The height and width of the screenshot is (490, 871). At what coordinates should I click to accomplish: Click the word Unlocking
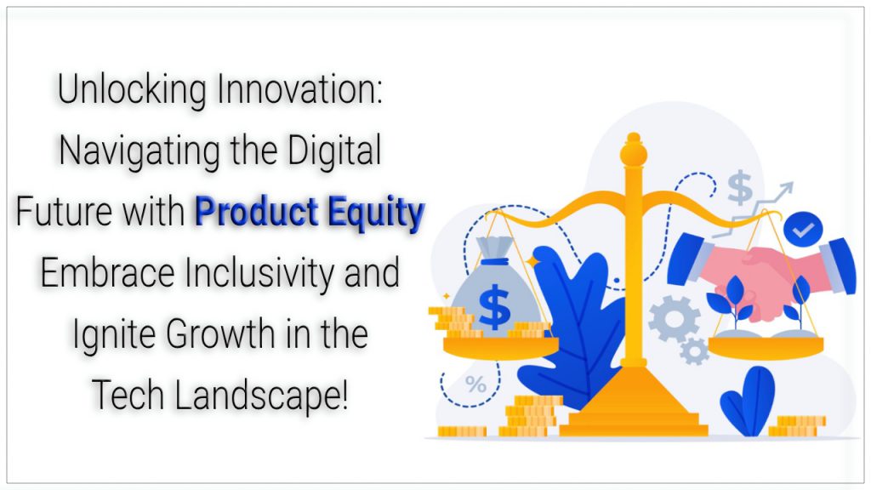(132, 90)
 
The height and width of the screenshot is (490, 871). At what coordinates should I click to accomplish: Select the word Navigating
(139, 151)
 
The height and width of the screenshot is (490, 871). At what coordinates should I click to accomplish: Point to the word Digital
(334, 151)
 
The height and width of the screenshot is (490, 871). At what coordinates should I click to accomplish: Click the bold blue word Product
(257, 211)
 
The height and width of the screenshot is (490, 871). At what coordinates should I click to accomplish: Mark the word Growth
(222, 333)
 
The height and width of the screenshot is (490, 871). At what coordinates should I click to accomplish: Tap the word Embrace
(107, 273)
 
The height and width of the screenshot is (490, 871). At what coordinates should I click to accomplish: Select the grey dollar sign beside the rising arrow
(740, 188)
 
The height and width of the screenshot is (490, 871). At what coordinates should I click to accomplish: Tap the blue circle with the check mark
(803, 229)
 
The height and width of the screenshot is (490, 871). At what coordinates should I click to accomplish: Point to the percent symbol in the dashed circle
(475, 384)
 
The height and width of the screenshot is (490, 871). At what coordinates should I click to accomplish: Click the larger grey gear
(674, 319)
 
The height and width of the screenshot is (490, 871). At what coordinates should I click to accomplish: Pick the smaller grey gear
(694, 351)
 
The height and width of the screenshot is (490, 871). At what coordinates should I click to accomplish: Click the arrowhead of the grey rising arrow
(785, 190)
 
